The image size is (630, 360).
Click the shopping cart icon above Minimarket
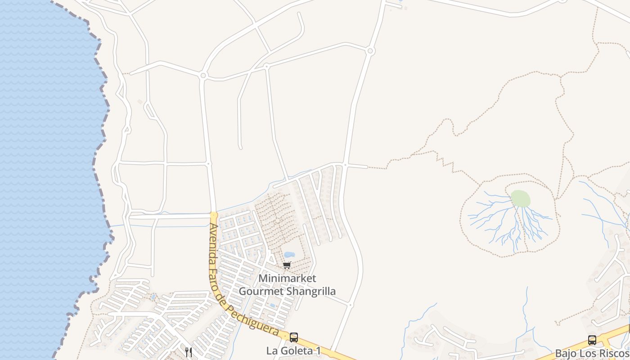pos(287,265)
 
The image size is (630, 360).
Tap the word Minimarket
pos(287,279)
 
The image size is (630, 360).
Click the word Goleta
pos(297,351)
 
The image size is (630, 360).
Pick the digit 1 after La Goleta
pos(318,351)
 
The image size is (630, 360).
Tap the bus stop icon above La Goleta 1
pos(294,337)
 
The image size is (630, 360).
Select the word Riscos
pos(613,353)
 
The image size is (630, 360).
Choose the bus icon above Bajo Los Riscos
pos(592,340)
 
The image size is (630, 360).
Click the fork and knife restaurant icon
pos(189,352)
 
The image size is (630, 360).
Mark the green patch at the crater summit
pos(520,198)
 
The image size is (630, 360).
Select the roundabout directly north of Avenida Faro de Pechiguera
pos(203,76)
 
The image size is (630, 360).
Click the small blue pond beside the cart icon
pos(289,255)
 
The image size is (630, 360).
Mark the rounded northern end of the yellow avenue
pos(214,215)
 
